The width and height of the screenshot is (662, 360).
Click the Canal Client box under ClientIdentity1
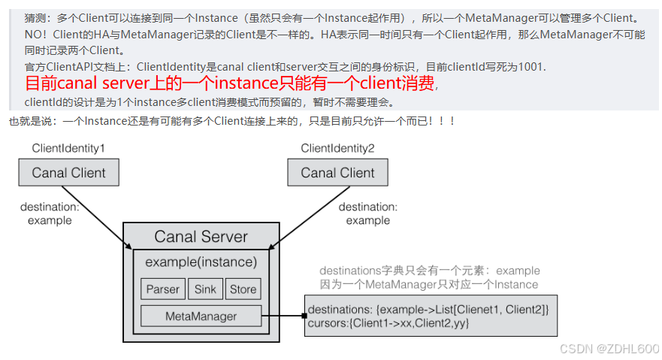pos(68,173)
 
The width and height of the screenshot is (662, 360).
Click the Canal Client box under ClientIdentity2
pos(337,173)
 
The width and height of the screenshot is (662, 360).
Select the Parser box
pos(162,289)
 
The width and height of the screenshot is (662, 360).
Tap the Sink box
pos(205,289)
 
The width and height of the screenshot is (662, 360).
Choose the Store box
pos(243,289)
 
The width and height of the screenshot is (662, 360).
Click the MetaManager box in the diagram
pos(201,316)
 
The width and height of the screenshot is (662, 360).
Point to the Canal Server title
pos(201,237)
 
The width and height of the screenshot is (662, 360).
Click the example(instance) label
pos(201,262)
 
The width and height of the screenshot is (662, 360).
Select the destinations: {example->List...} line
pos(428,310)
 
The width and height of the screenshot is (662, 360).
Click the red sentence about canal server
pos(229,83)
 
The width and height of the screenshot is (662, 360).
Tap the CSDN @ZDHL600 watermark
pos(609,349)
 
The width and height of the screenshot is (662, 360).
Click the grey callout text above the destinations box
pos(429,277)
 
